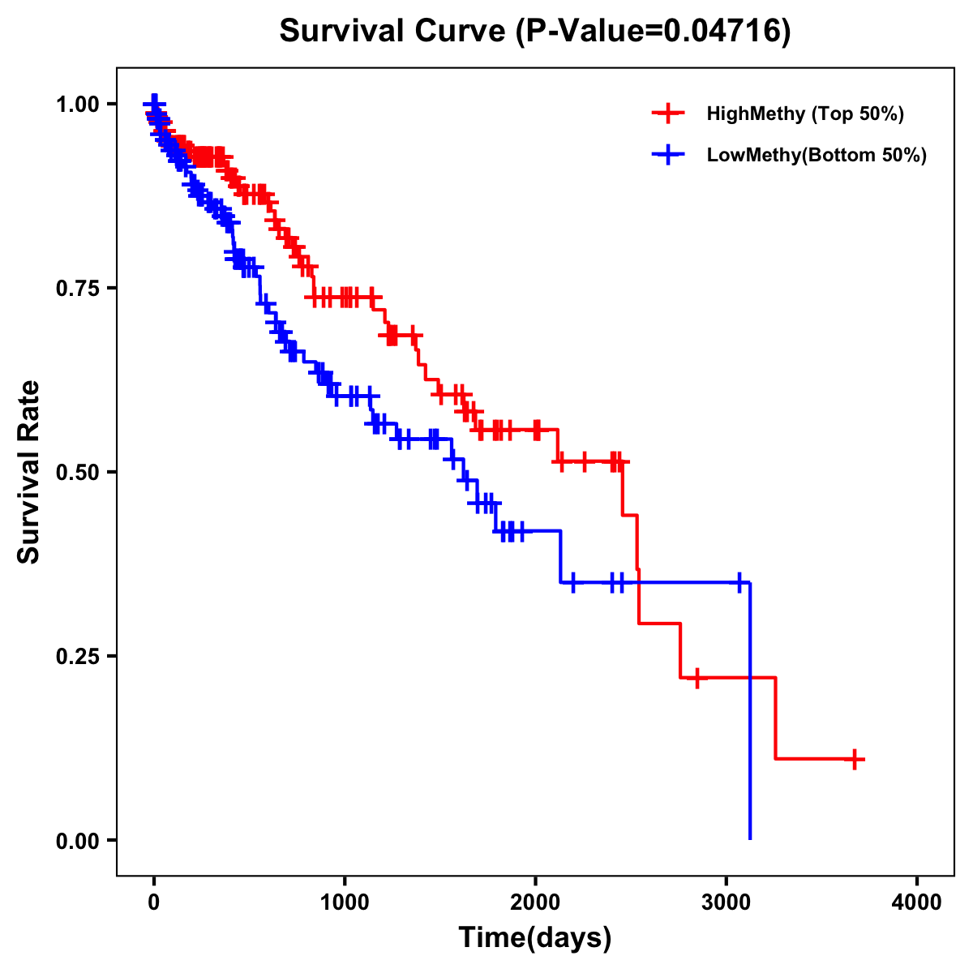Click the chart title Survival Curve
(x=394, y=31)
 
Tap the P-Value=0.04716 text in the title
(x=655, y=31)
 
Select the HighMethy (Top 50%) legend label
(x=804, y=114)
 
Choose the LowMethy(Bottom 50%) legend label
(x=817, y=155)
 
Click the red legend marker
(x=668, y=114)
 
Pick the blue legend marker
(x=668, y=155)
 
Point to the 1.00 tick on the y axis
(x=77, y=104)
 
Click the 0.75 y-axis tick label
(x=77, y=288)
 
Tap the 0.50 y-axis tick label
(x=77, y=472)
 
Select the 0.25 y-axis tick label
(x=77, y=656)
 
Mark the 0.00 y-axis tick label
(x=77, y=840)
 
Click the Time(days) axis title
(x=535, y=938)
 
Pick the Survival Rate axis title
(x=29, y=472)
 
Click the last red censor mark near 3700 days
(x=855, y=759)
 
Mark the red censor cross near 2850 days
(x=697, y=678)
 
